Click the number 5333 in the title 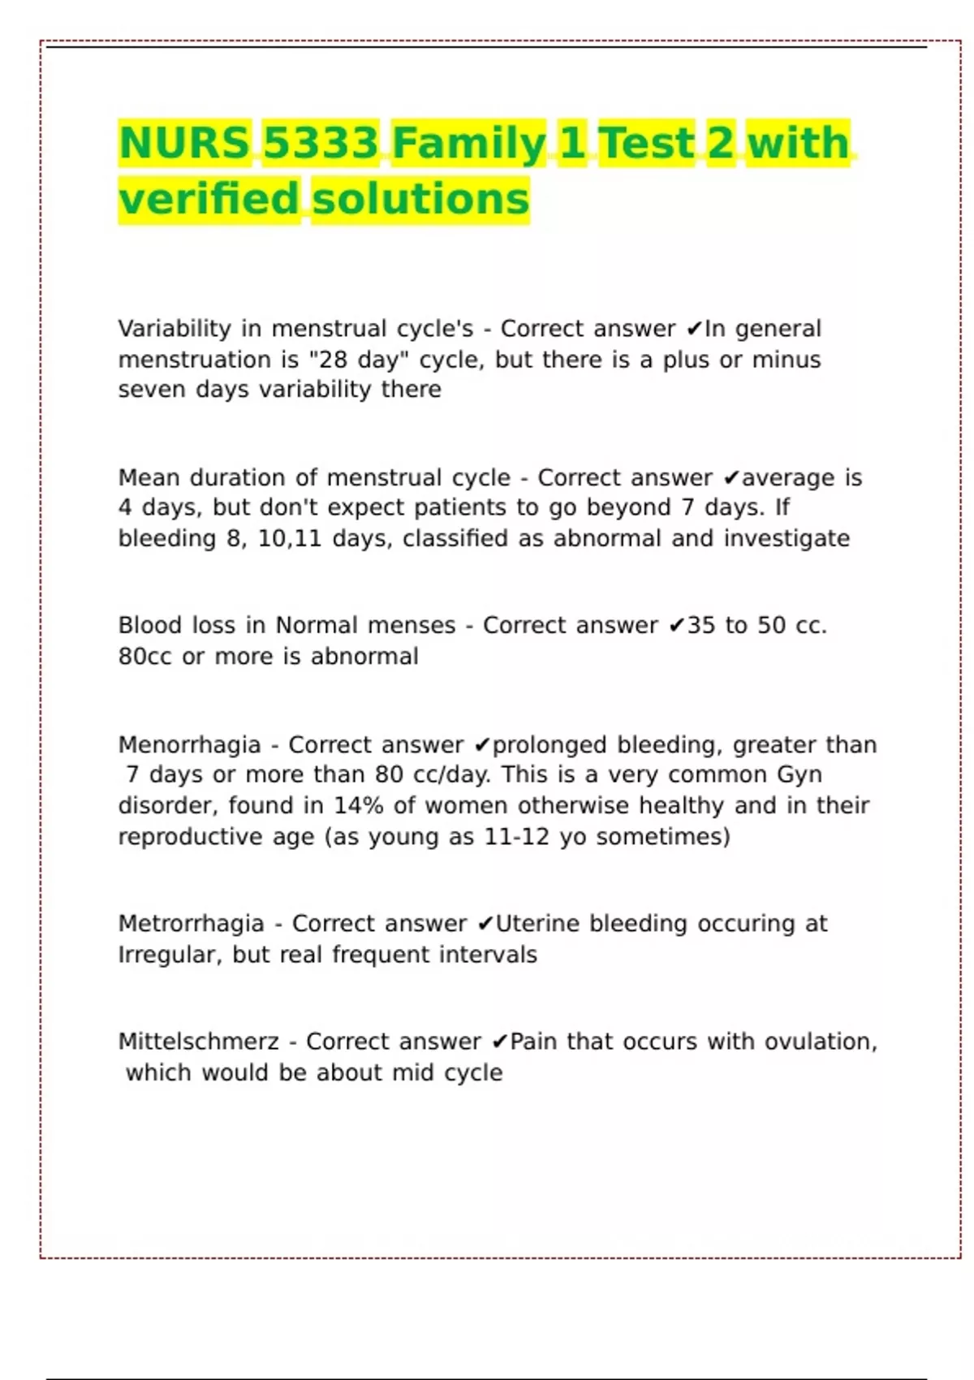point(321,143)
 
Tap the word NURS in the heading point(184,143)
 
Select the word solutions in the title point(420,199)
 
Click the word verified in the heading point(209,199)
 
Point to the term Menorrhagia point(189,744)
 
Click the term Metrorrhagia point(191,923)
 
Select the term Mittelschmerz point(198,1041)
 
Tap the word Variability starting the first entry point(175,328)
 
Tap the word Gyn point(799,774)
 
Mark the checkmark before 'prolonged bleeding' point(482,745)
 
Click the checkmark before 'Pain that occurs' point(500,1041)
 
